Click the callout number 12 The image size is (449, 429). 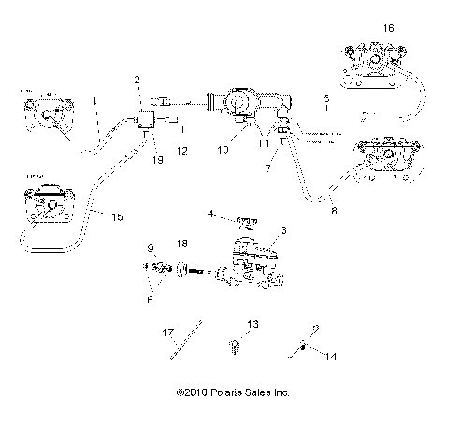(181, 151)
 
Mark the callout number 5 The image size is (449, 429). (326, 97)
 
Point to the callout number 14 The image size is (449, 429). (327, 356)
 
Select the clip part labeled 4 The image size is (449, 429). (248, 223)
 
